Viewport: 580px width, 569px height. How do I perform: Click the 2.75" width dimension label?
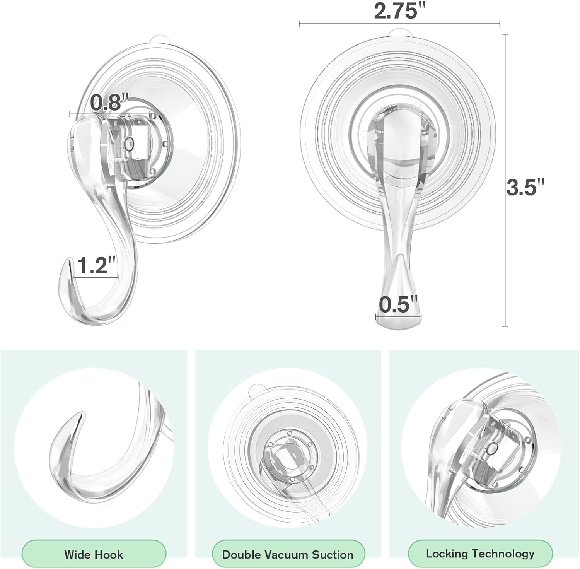click(x=397, y=11)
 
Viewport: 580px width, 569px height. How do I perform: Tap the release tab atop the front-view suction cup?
click(x=399, y=32)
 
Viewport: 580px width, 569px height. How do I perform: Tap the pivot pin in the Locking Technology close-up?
click(x=491, y=449)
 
